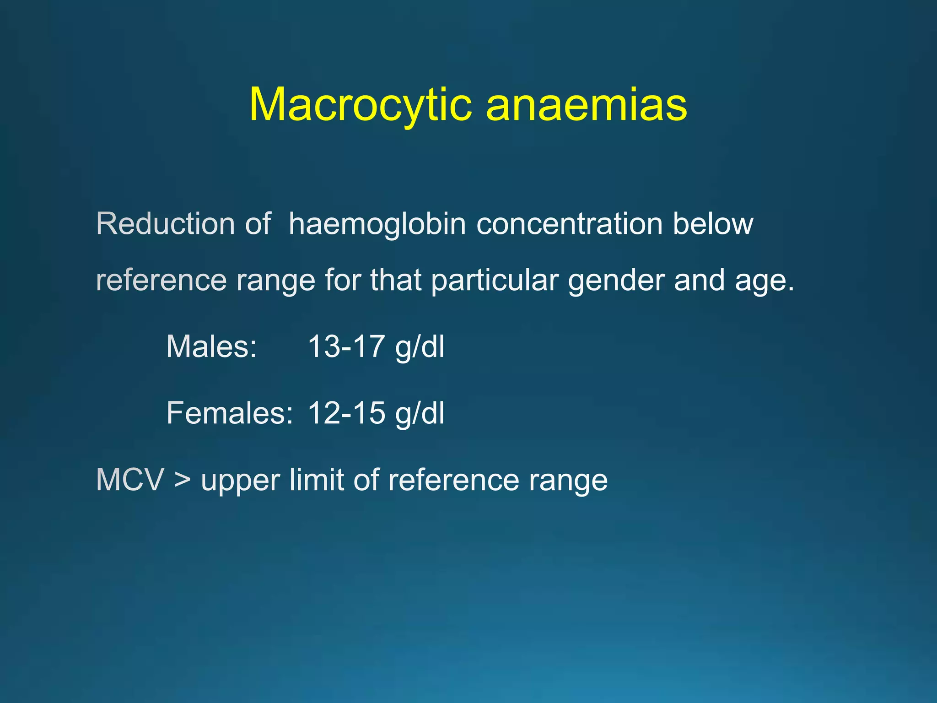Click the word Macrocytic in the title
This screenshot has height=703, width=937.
360,105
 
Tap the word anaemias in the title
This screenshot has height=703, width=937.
586,105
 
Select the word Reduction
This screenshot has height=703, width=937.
166,224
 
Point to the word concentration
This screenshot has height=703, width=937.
569,224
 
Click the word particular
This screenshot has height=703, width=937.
495,281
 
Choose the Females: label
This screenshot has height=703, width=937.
229,413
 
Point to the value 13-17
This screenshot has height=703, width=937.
346,346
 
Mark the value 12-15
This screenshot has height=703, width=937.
346,413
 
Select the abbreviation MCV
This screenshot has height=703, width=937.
130,480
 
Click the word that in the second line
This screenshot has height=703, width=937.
395,280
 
